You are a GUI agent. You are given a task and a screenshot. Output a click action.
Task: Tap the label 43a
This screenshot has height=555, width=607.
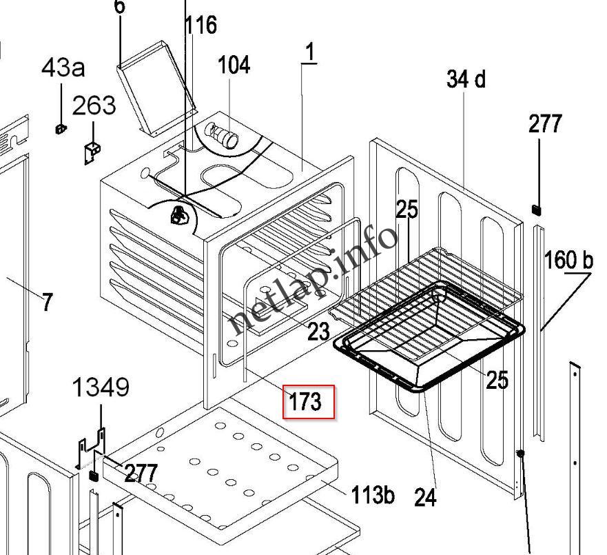coord(63,68)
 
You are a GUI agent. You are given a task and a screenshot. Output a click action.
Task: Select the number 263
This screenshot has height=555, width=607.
coord(94,105)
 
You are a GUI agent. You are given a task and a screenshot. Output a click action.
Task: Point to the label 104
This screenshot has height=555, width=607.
coord(234,65)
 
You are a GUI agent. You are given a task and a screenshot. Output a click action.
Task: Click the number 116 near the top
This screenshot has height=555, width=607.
coord(200,26)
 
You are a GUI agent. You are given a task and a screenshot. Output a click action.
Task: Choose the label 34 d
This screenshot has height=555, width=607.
coord(466,79)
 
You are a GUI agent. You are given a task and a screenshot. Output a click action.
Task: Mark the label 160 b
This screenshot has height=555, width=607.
coord(568,260)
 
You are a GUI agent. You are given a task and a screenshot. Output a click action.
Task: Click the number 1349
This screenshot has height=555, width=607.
coord(101,387)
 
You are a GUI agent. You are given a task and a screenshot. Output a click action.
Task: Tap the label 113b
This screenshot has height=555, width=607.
coord(373,494)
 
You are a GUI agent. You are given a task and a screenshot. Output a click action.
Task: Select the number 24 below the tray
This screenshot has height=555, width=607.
coord(426,496)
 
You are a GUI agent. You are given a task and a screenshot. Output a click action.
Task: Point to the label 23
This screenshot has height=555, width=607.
coord(318,332)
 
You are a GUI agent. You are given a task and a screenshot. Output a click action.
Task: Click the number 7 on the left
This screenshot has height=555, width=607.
coord(46,302)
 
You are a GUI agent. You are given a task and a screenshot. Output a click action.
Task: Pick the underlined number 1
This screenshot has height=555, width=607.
coord(310,52)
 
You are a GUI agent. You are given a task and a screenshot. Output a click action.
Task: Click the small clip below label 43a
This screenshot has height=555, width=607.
coord(60,128)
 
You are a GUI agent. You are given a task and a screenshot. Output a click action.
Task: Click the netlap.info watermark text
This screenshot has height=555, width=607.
coord(313,279)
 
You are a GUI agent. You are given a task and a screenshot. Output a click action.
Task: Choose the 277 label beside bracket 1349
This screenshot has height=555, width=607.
coord(141,473)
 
